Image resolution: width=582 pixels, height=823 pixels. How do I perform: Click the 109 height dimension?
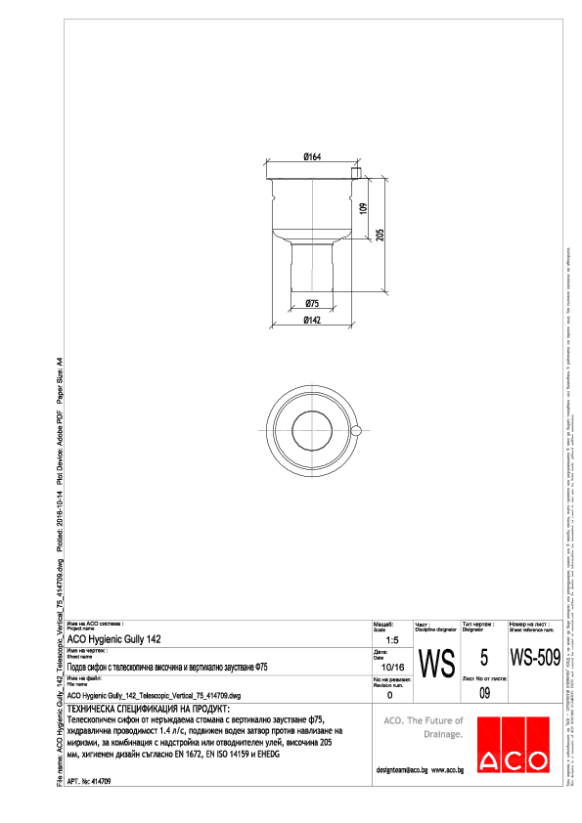pos(362,209)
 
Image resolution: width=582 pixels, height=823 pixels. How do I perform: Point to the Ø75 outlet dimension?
pos(313,303)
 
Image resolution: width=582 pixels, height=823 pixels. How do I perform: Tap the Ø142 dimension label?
pos(313,320)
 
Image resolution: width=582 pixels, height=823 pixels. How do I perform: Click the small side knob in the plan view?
pos(357,429)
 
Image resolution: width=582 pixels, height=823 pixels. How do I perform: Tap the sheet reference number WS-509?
pos(534,654)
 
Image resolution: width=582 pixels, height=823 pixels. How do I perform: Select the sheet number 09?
pos(484,693)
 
